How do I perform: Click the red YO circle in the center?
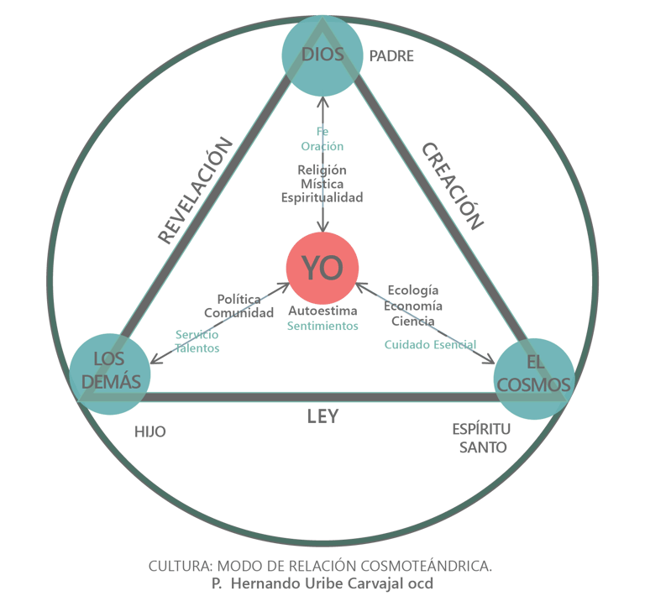tap(322, 268)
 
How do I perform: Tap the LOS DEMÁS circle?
tap(110, 373)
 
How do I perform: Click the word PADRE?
tap(391, 57)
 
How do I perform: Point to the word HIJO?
tap(150, 431)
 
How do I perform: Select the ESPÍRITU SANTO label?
tap(482, 438)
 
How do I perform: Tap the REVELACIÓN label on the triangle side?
tap(195, 190)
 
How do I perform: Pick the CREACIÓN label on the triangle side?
tap(453, 186)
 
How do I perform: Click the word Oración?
tap(322, 146)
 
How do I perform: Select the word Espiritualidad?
tap(322, 198)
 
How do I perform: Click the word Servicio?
tap(197, 334)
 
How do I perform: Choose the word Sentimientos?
tap(322, 326)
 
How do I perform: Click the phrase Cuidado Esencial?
tap(430, 344)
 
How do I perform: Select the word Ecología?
tap(413, 290)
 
